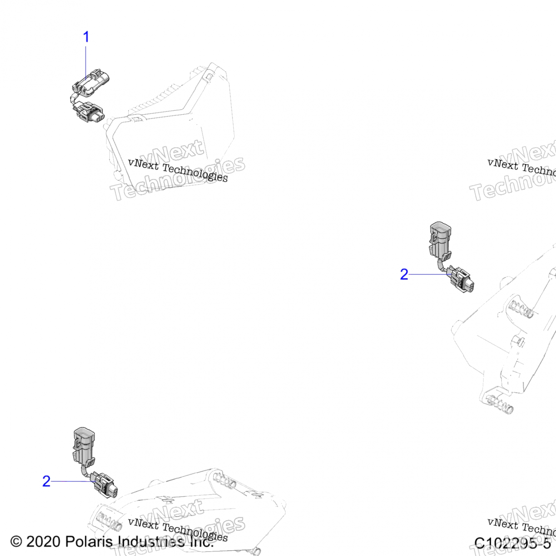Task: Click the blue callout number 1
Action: [x=86, y=37]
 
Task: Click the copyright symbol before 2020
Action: [x=16, y=542]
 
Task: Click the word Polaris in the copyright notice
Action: [x=89, y=542]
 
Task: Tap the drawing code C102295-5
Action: [x=512, y=543]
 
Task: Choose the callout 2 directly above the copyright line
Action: [x=46, y=481]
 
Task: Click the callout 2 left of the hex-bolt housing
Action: [x=404, y=274]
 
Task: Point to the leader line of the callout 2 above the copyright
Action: [x=70, y=481]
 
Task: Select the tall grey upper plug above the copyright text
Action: [x=84, y=445]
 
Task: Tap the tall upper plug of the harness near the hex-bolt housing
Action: [x=440, y=239]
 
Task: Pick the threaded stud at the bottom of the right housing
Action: [x=500, y=405]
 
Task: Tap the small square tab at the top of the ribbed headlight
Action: [x=209, y=77]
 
